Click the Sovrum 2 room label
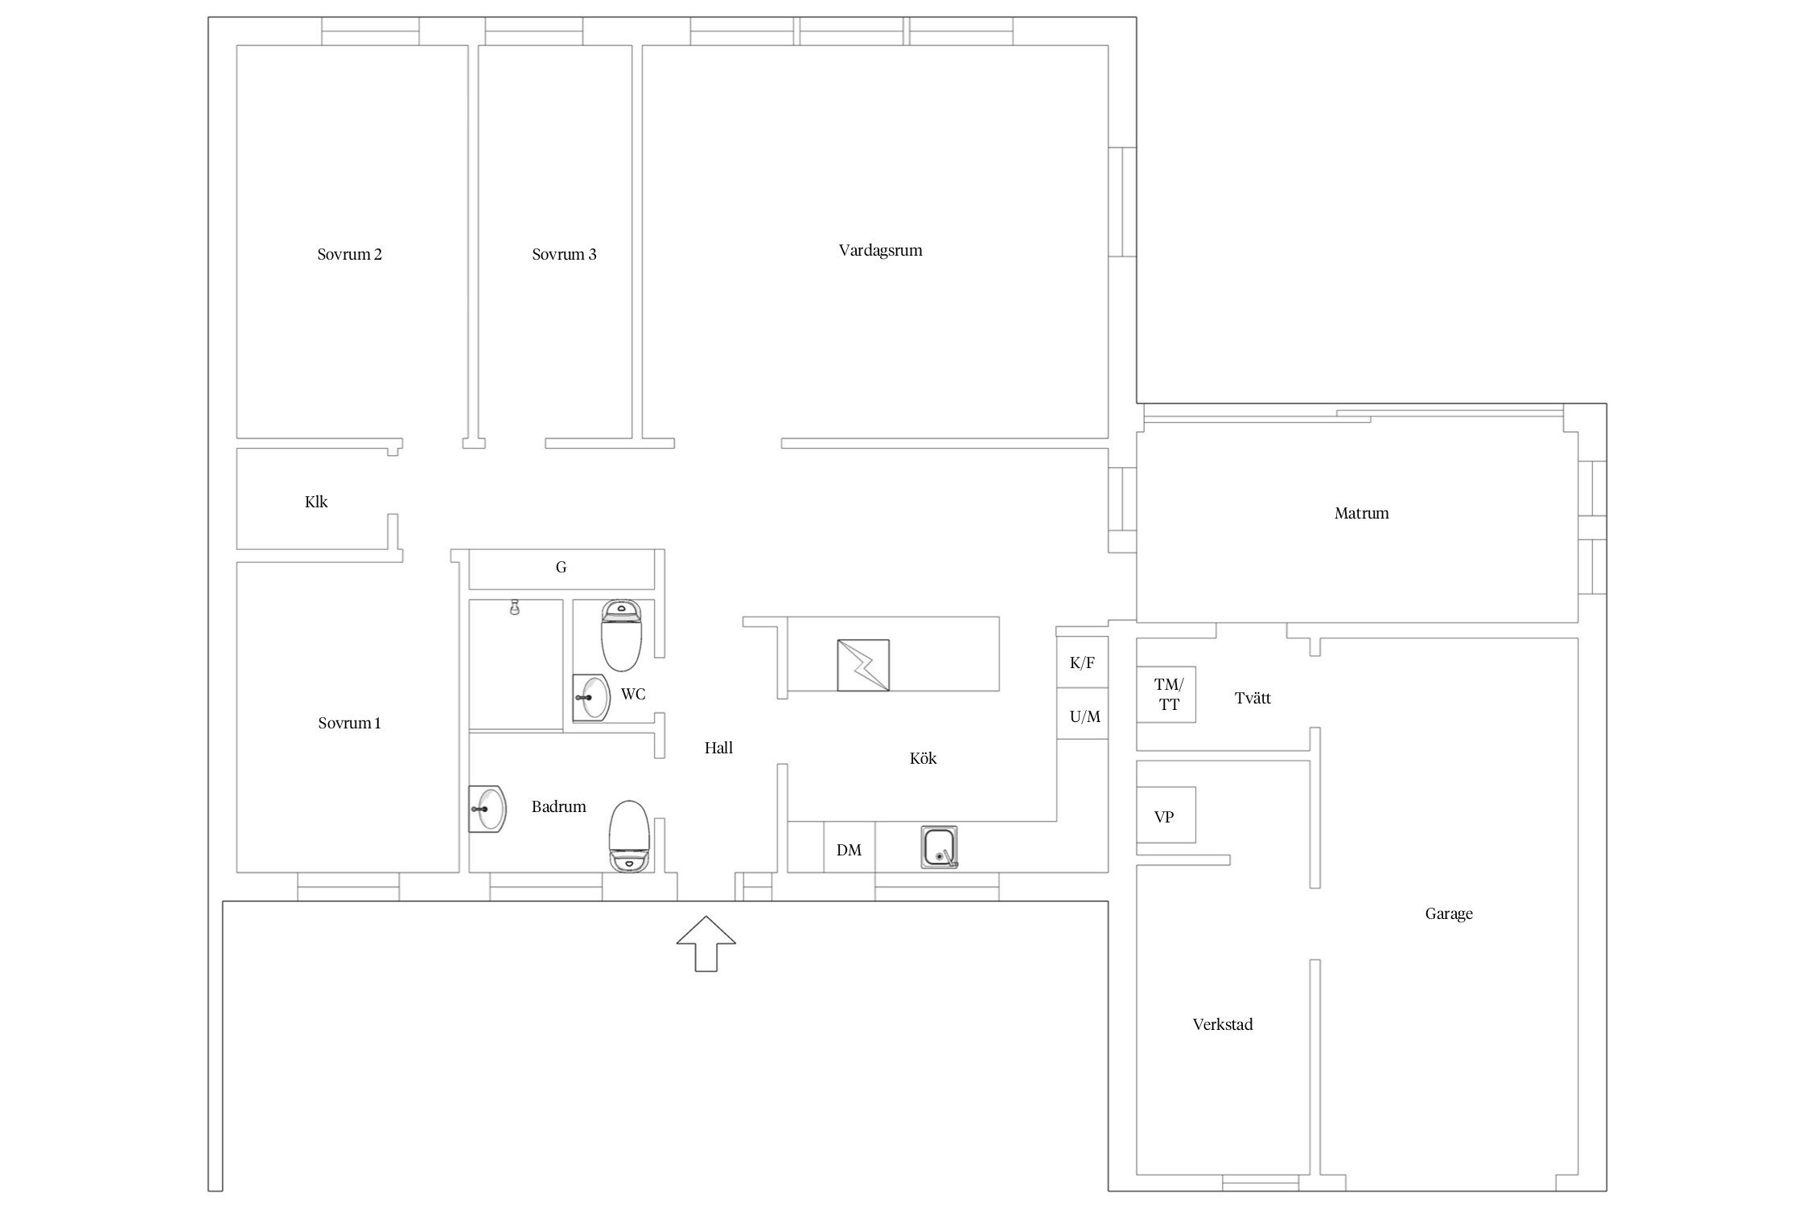(349, 255)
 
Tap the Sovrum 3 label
(564, 255)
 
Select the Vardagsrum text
(880, 251)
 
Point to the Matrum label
(1361, 513)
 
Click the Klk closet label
(316, 502)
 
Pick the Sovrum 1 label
(349, 723)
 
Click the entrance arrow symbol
(705, 943)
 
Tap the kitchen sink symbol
(940, 847)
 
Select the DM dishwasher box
(849, 847)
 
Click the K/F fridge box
(1082, 662)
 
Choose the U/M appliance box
(1082, 714)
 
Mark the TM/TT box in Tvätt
(1166, 694)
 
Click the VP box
(1166, 814)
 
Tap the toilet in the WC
(621, 635)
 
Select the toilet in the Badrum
(629, 836)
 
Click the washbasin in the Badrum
(487, 809)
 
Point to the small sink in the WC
(591, 698)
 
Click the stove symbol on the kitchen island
(863, 665)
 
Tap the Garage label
(1449, 913)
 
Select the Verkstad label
(1223, 1024)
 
